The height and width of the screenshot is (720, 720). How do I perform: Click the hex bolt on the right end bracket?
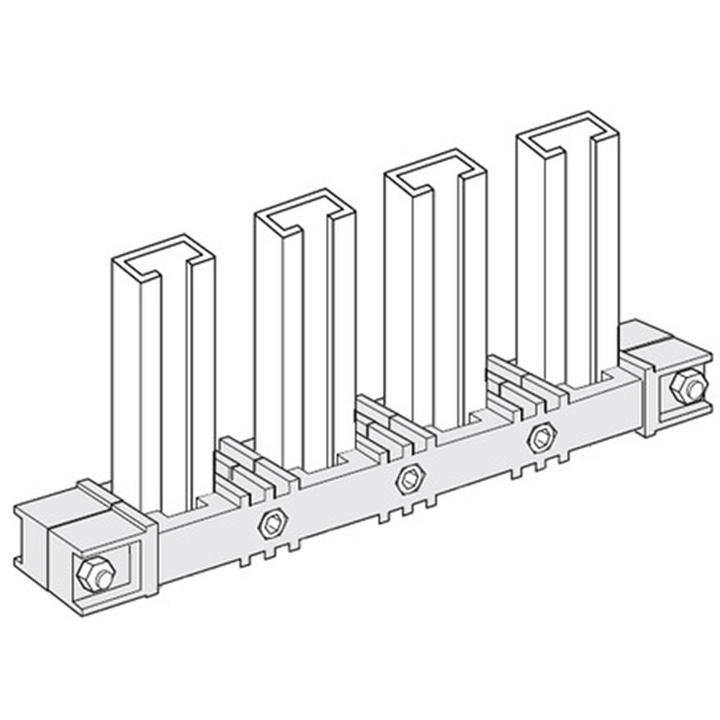[x=687, y=387]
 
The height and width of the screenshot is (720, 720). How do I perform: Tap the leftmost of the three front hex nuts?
[x=273, y=523]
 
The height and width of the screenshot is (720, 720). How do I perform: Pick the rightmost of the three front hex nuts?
[x=541, y=437]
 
